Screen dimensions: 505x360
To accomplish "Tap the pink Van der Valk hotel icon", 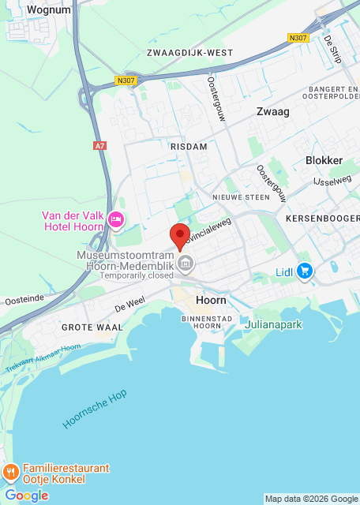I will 116,219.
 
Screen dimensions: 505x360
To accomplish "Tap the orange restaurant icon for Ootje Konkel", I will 11,473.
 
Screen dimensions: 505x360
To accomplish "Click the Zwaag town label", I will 272,111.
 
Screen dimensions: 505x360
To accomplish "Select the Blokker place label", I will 324,160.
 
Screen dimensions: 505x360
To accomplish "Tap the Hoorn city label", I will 210,301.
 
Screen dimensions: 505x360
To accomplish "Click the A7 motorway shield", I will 99,146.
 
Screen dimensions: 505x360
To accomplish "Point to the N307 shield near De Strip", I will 298,37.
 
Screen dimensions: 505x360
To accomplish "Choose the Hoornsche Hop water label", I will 95,409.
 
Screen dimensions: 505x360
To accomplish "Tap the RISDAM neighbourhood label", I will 188,147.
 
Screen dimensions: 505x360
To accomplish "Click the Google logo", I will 26,496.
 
